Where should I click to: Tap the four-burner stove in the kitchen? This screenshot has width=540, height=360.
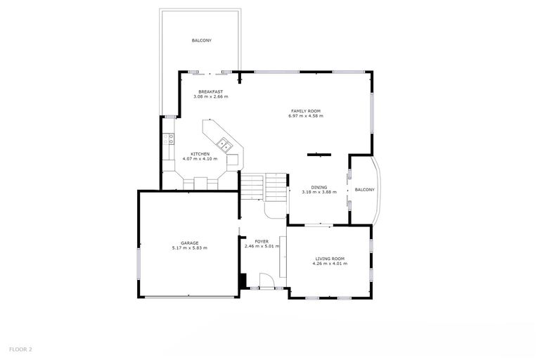(170, 140)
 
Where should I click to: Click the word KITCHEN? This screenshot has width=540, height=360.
(200, 154)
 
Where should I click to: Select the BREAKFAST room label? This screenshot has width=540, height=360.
(210, 91)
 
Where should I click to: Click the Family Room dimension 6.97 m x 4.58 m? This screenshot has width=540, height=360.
(306, 115)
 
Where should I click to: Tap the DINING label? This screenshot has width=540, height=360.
(319, 187)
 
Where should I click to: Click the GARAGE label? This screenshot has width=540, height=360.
(189, 243)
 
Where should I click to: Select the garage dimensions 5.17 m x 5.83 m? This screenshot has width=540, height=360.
(189, 247)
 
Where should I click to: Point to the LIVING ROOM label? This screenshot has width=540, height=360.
(330, 258)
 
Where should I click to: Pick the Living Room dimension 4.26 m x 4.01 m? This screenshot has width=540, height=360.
(330, 263)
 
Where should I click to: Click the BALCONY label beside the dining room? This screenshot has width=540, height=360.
(364, 190)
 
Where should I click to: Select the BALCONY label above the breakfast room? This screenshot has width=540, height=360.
(202, 41)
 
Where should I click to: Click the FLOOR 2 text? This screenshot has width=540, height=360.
(20, 349)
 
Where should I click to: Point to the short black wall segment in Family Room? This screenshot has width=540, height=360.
(319, 153)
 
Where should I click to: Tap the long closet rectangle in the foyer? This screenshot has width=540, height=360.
(283, 259)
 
